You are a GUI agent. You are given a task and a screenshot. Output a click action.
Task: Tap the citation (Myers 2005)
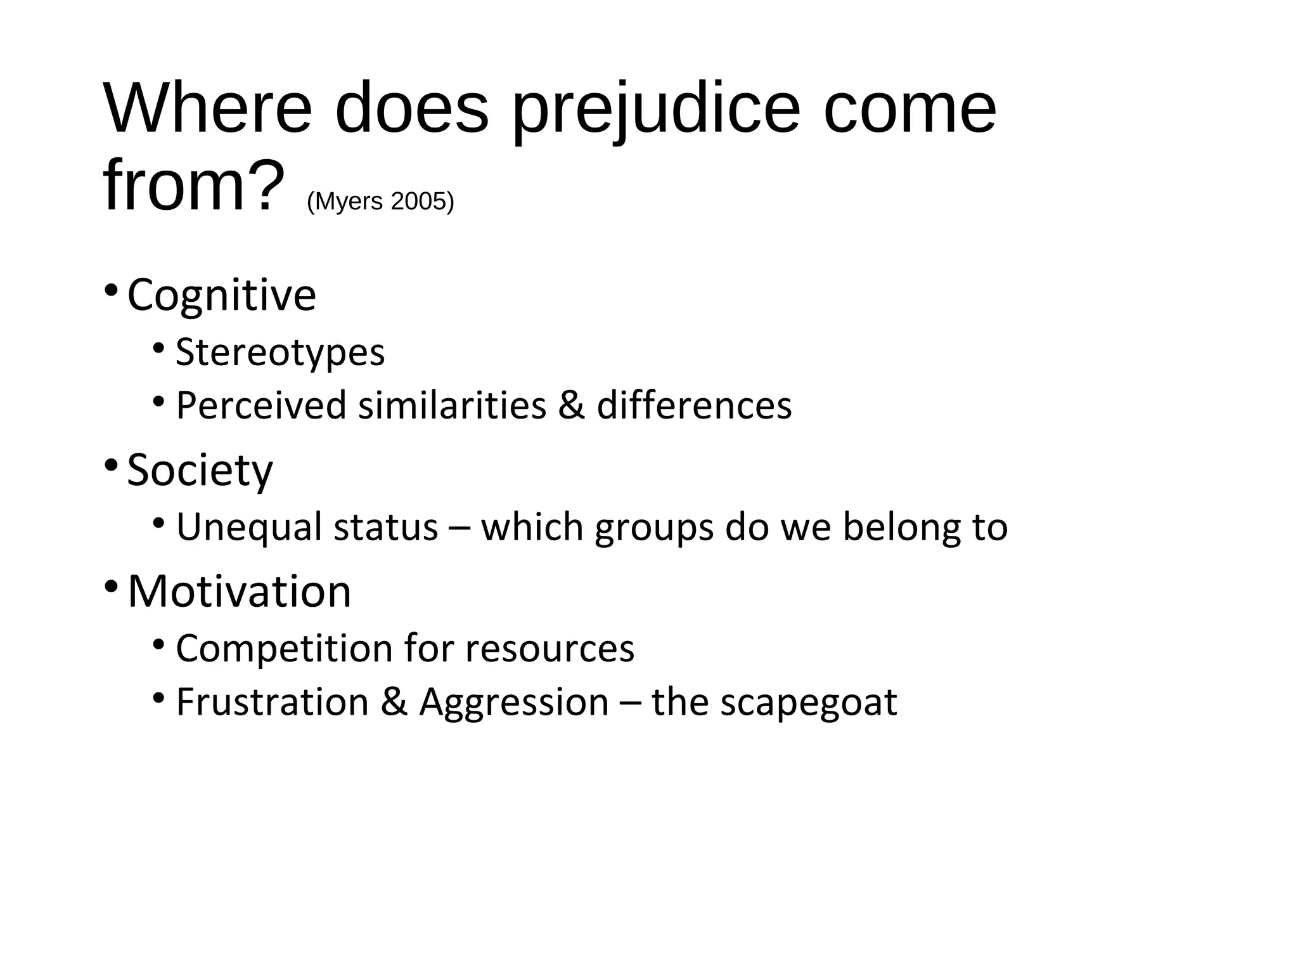coord(380,202)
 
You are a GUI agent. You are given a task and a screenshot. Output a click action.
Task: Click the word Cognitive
coord(221,295)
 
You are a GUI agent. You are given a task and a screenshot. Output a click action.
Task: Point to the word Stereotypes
coord(280,353)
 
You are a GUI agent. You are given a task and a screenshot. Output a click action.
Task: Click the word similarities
coord(452,406)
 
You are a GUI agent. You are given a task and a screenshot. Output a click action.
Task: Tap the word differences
coord(694,406)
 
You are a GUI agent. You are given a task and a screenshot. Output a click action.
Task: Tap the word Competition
coord(284,649)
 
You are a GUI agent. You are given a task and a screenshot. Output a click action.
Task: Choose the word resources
coord(549,649)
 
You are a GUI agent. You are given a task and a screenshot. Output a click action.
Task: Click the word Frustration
coord(273,703)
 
